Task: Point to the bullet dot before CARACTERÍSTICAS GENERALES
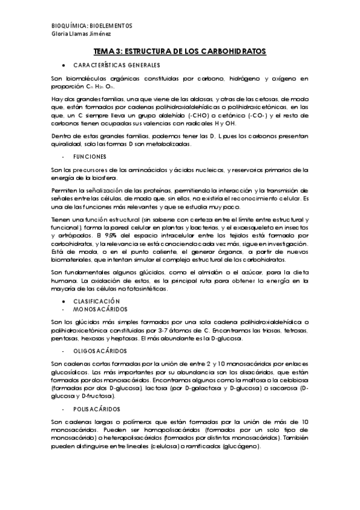63,64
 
